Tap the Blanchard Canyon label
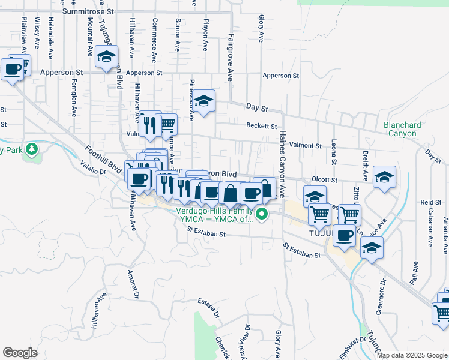click(402, 129)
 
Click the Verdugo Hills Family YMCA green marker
click(262, 214)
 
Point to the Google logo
click(20, 353)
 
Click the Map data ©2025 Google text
click(411, 355)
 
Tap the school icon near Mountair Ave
click(106, 57)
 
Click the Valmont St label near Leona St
click(306, 145)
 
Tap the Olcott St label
click(325, 179)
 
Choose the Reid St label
click(427, 203)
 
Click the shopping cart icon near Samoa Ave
click(167, 124)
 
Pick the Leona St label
click(333, 153)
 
